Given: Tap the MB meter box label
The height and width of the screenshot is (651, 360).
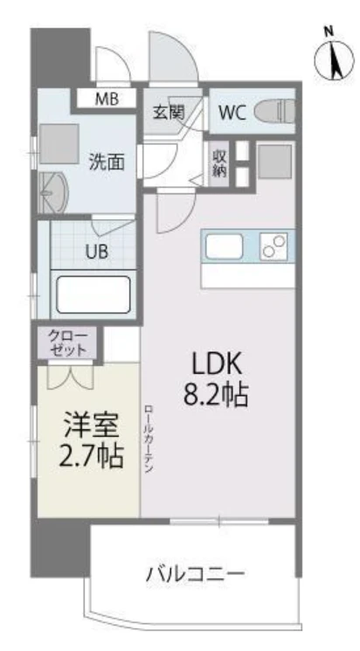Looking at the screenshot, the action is pyautogui.click(x=107, y=100).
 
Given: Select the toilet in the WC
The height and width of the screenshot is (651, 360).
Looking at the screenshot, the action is pyautogui.click(x=274, y=111).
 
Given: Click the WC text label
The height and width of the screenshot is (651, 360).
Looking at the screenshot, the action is pyautogui.click(x=232, y=112).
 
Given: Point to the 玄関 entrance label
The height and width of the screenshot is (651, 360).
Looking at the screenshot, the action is pyautogui.click(x=169, y=112).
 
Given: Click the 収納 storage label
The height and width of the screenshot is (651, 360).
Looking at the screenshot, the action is pyautogui.click(x=219, y=163).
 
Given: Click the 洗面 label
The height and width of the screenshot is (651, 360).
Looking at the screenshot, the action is pyautogui.click(x=107, y=163).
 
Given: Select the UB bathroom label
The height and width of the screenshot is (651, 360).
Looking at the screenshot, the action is pyautogui.click(x=97, y=251).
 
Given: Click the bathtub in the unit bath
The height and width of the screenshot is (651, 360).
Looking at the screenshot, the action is pyautogui.click(x=93, y=294).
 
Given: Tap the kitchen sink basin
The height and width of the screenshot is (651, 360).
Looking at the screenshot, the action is pyautogui.click(x=224, y=246).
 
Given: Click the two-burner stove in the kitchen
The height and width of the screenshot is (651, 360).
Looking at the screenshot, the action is pyautogui.click(x=273, y=246).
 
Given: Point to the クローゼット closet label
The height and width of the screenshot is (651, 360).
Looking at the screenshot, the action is pyautogui.click(x=68, y=343).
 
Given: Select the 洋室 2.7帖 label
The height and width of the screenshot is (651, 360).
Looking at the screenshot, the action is pyautogui.click(x=92, y=440).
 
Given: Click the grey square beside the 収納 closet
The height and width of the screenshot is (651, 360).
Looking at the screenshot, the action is pyautogui.click(x=274, y=162).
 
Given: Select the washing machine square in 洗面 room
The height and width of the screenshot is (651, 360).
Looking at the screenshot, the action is pyautogui.click(x=59, y=143).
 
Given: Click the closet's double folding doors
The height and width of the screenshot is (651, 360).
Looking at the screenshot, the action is pyautogui.click(x=70, y=375).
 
